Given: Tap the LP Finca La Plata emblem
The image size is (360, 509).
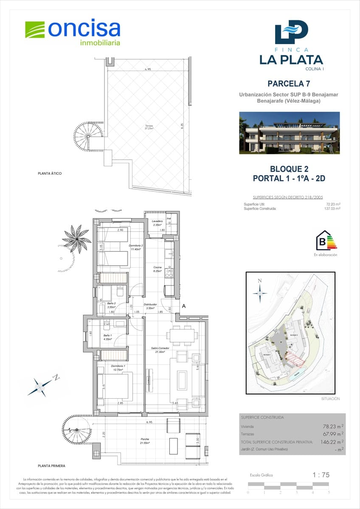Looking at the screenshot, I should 291,33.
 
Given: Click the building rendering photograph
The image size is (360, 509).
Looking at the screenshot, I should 289,133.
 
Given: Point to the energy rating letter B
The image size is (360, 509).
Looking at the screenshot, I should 322,242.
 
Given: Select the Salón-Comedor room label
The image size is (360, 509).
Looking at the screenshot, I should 160,350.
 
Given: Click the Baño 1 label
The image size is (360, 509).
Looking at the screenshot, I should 108,337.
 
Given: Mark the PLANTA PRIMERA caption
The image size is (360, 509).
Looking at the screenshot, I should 51,466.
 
